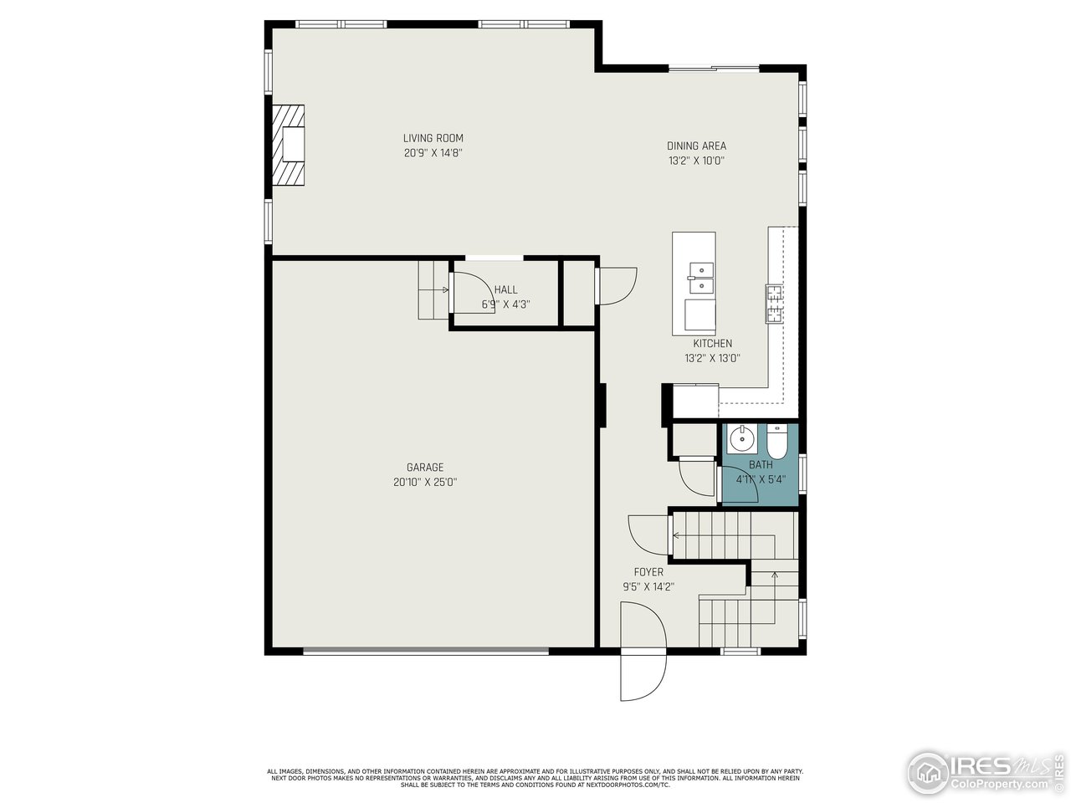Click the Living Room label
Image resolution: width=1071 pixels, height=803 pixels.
(433, 139)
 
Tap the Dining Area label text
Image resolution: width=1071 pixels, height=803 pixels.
(696, 146)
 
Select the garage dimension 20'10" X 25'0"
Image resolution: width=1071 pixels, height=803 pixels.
(425, 483)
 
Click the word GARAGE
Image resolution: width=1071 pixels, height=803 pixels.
(425, 468)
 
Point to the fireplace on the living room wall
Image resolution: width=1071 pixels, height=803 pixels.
(289, 145)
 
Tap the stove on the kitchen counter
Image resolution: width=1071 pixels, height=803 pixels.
(774, 303)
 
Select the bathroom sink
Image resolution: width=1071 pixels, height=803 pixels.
(740, 438)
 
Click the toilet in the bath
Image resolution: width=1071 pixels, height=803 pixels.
(776, 441)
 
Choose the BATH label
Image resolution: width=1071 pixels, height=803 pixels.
(761, 465)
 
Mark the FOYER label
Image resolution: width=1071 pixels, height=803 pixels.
(648, 572)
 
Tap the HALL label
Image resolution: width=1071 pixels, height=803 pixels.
(505, 290)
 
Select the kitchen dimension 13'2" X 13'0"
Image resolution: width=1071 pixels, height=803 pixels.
(712, 358)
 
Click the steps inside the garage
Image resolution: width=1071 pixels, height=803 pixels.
(433, 289)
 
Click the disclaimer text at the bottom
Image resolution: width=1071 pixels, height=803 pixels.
(535, 778)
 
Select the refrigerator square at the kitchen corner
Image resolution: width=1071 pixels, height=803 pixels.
(695, 400)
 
